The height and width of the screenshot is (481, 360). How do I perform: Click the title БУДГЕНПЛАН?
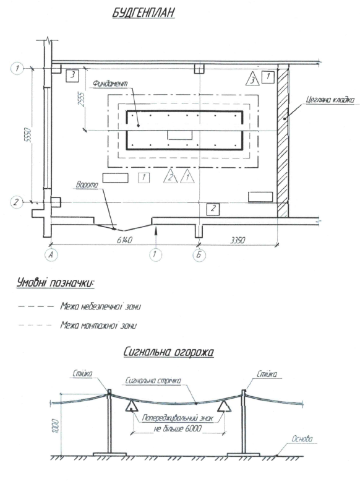(144, 12)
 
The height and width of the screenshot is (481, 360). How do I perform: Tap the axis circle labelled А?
(51, 255)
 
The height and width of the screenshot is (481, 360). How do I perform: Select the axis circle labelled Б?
(199, 255)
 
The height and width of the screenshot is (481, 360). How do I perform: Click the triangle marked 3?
(252, 79)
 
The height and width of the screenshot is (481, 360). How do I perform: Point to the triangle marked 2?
(171, 176)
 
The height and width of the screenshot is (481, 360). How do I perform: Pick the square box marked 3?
(72, 75)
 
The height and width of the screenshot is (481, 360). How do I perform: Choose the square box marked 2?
(213, 209)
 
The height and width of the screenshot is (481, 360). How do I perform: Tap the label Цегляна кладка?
(330, 100)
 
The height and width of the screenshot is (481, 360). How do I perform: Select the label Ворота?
(87, 185)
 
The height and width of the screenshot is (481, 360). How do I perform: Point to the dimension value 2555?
(81, 98)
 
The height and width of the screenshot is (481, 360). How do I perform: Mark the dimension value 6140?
(124, 240)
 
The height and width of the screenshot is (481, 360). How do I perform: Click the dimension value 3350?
(238, 240)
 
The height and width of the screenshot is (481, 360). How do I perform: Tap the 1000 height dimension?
(56, 426)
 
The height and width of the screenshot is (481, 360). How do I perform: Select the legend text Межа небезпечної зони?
(101, 306)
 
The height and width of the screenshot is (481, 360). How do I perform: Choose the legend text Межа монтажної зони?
(98, 325)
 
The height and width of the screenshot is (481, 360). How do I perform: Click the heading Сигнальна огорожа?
(168, 352)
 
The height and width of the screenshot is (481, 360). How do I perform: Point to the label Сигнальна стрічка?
(153, 381)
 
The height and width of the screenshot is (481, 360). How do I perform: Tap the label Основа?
(302, 439)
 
